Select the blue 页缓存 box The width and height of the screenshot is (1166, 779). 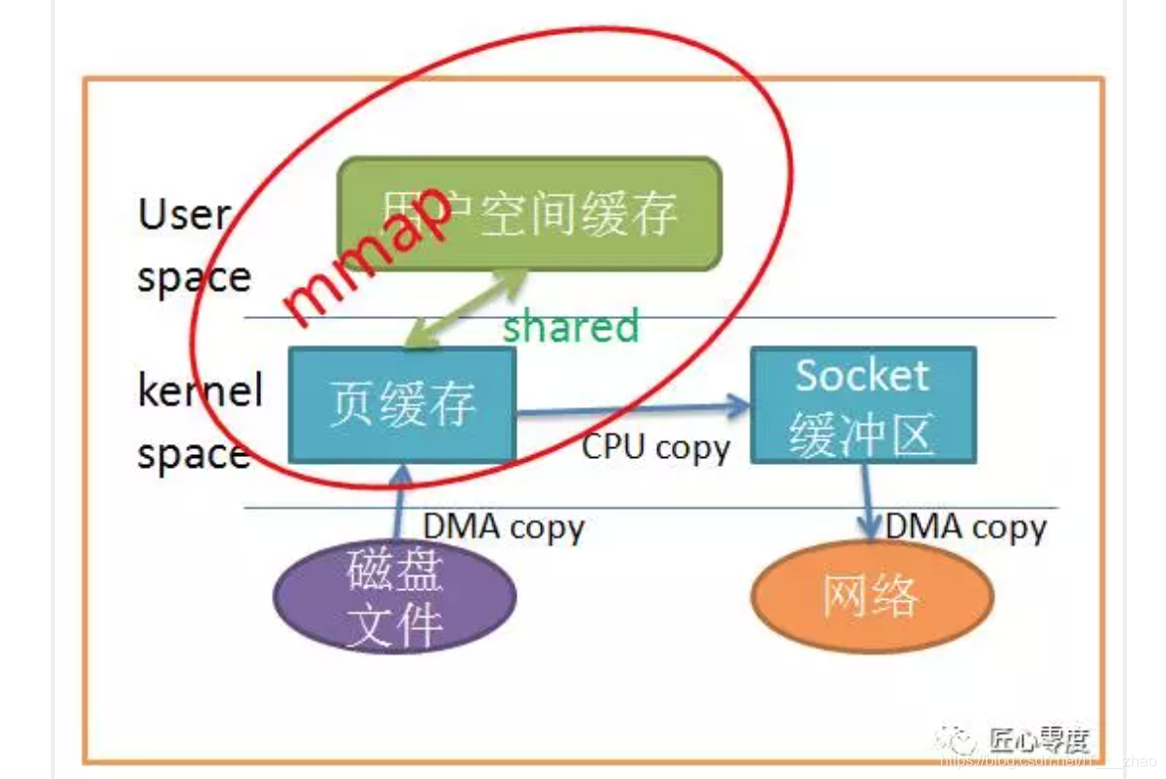click(402, 404)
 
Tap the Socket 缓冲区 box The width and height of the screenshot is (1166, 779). click(862, 405)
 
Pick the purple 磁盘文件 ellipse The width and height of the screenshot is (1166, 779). click(395, 596)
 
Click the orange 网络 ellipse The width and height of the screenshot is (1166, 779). click(872, 595)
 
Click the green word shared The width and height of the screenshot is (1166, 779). click(570, 326)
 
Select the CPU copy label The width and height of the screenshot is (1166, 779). click(656, 447)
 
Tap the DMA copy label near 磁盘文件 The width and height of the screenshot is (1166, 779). click(503, 527)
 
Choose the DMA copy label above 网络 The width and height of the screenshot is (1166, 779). click(966, 527)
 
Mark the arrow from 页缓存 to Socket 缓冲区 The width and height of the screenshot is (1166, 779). click(631, 408)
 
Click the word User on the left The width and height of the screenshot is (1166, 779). click(183, 213)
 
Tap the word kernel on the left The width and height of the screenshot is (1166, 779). click(200, 391)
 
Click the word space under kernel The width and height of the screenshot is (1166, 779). click(193, 455)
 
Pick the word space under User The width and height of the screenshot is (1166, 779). click(194, 277)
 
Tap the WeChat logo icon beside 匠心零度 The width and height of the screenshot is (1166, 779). click(954, 739)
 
